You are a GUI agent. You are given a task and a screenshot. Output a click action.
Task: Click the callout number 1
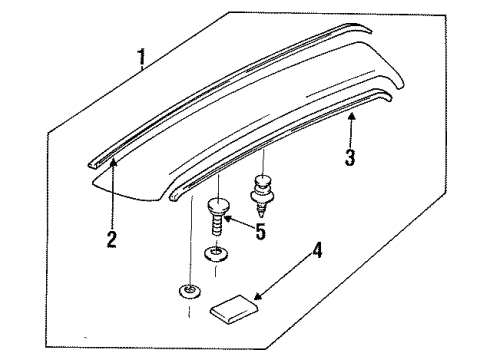142,57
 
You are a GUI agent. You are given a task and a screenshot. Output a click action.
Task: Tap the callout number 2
112,239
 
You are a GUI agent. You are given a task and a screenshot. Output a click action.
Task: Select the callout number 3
350,157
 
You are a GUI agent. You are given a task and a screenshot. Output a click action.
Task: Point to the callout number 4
317,251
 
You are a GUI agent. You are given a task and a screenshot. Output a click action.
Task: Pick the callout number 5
261,231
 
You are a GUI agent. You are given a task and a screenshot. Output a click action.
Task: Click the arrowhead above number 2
114,163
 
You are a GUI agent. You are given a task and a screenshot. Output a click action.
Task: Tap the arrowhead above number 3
351,116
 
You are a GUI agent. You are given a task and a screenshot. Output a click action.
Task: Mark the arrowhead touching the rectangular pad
258,296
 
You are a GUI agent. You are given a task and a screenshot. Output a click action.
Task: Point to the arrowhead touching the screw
228,219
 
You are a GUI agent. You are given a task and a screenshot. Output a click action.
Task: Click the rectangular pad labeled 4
234,309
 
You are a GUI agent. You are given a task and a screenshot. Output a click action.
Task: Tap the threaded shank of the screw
217,224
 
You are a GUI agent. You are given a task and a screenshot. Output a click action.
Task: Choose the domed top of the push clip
263,180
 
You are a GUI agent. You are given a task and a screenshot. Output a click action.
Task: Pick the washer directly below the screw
216,254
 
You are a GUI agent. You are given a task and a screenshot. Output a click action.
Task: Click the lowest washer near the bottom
189,291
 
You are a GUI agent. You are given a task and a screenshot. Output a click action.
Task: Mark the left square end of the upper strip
92,165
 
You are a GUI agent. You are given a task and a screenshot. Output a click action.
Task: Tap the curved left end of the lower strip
174,195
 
